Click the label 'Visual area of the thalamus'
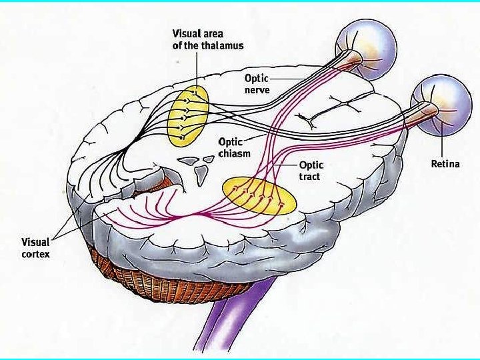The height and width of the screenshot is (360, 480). pyautogui.click(x=208, y=39)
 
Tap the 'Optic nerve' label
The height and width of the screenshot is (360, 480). pyautogui.click(x=257, y=84)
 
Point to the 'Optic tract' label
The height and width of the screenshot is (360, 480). pyautogui.click(x=311, y=171)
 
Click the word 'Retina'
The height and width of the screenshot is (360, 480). pyautogui.click(x=445, y=163)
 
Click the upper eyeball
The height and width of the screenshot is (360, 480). pyautogui.click(x=366, y=49)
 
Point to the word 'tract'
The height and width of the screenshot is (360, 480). pyautogui.click(x=309, y=176)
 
